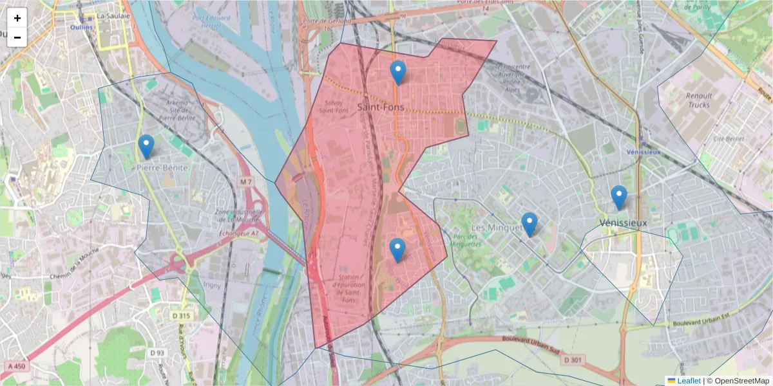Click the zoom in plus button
pos(17,18)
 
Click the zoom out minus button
pos(17,37)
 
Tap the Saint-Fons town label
pos(381,107)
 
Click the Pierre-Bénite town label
pos(162,167)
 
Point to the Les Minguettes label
pos(496,228)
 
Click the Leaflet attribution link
pos(689,381)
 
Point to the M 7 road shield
pos(246,183)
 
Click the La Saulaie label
pos(109,15)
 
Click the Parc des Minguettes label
pos(463,241)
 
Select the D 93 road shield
pos(157,353)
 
